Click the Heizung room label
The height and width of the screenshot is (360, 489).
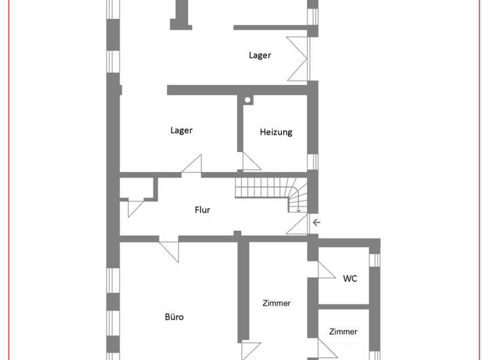276,132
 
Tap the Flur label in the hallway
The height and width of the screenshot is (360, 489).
202,210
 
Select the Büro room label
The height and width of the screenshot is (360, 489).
175,317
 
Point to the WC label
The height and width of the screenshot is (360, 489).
350,278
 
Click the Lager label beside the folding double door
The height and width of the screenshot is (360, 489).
260,56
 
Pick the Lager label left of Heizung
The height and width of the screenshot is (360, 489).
181,130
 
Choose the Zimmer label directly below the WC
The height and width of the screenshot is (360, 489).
343,331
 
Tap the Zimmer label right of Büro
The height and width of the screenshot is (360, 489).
276,303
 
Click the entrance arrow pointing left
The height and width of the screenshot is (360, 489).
316,222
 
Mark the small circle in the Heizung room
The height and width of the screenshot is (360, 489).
248,101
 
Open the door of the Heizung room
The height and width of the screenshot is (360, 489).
251,161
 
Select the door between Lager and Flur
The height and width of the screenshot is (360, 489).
192,165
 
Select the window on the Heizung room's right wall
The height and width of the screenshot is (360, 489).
312,162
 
